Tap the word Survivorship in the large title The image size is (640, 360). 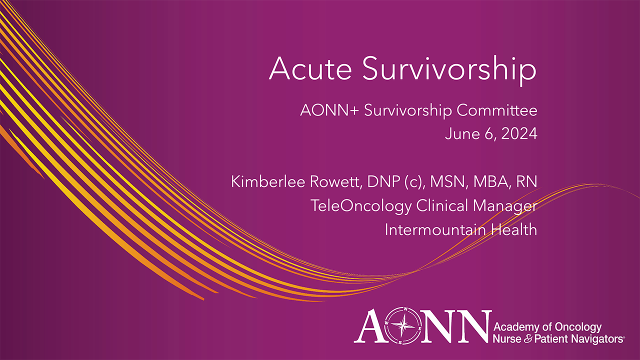point(449,70)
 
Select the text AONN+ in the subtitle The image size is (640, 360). point(329,110)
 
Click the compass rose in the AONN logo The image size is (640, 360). point(406,326)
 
